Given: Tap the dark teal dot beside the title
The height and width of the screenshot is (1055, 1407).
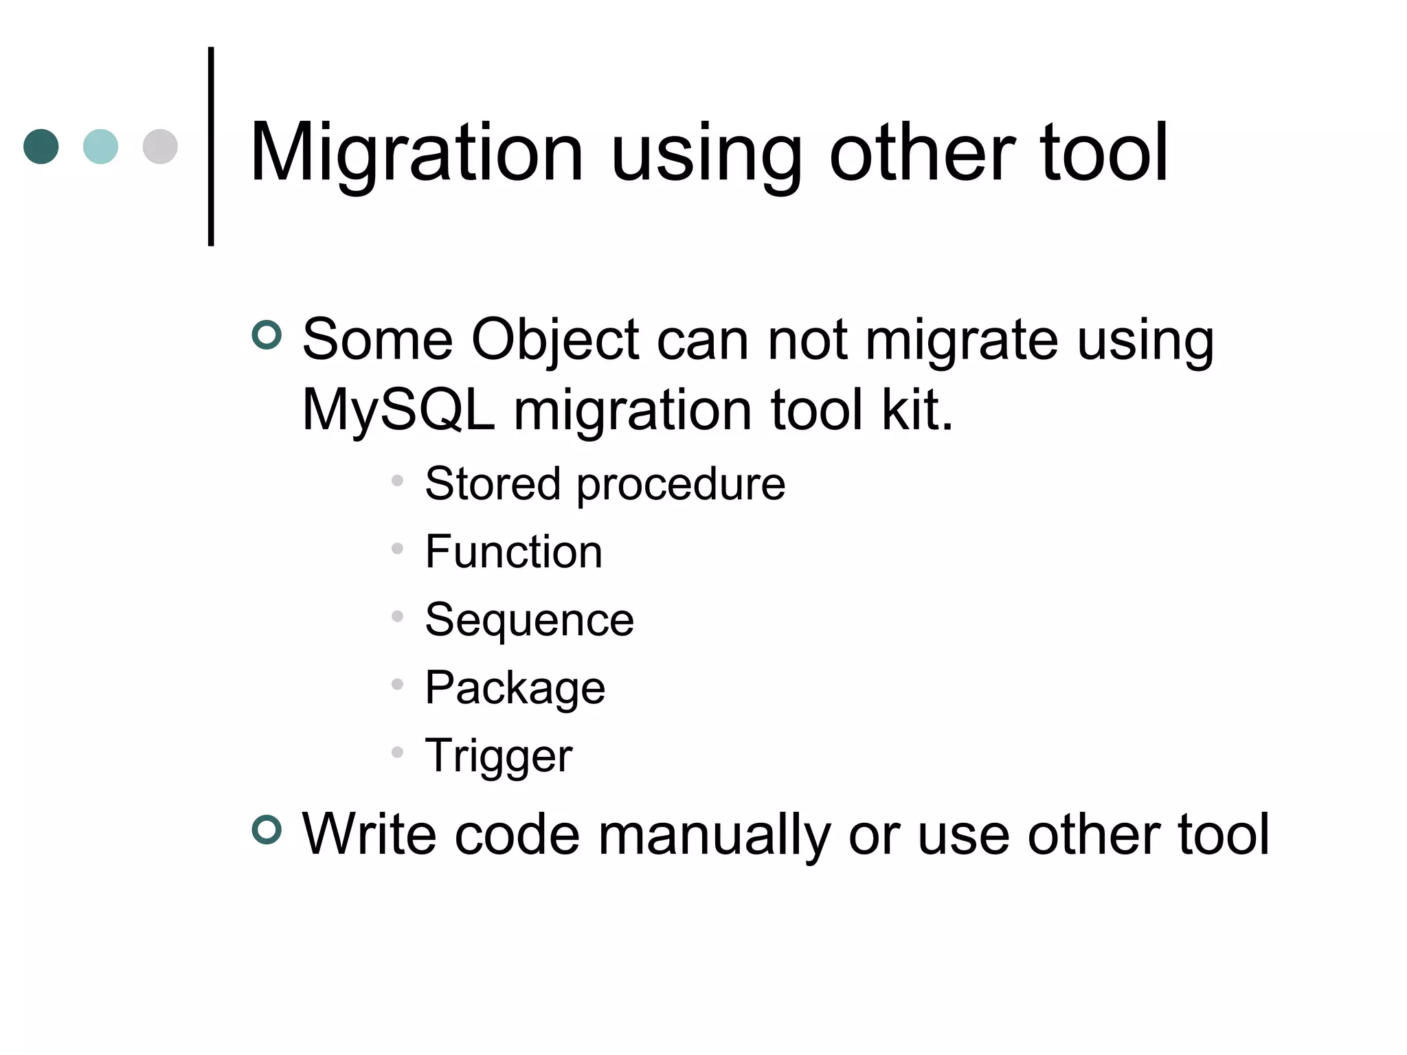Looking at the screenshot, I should pos(41,146).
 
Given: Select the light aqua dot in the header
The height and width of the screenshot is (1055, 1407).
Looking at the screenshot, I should pos(100,146).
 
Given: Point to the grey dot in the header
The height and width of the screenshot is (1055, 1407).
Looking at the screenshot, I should pos(160,146).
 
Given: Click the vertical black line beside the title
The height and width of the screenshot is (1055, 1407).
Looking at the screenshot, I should pos(211,146).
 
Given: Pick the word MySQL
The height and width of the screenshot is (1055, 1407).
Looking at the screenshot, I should pos(398,410).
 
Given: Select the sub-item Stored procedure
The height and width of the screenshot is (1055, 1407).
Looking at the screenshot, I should pos(605,484).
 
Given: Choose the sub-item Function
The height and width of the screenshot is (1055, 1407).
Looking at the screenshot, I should pos(513,552).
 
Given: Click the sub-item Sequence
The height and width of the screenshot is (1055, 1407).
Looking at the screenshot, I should pos(529,620).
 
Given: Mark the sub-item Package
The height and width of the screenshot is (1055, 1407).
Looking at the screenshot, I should pos(515,688).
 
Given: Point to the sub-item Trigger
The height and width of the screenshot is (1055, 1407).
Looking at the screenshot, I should pos(498,756).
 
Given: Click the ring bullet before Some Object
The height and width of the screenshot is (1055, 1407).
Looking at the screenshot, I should pos(267,335).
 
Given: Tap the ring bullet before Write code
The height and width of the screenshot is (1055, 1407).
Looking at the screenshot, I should pos(267,830).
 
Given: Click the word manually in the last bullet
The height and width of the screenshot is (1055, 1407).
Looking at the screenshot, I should pos(714,835).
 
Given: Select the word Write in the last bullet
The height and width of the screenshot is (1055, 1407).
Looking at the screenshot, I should pos(369,835).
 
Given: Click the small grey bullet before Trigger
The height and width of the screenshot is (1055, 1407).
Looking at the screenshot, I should pos(397,752).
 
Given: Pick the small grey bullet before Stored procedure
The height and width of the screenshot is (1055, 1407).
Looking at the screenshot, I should pos(397,480).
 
